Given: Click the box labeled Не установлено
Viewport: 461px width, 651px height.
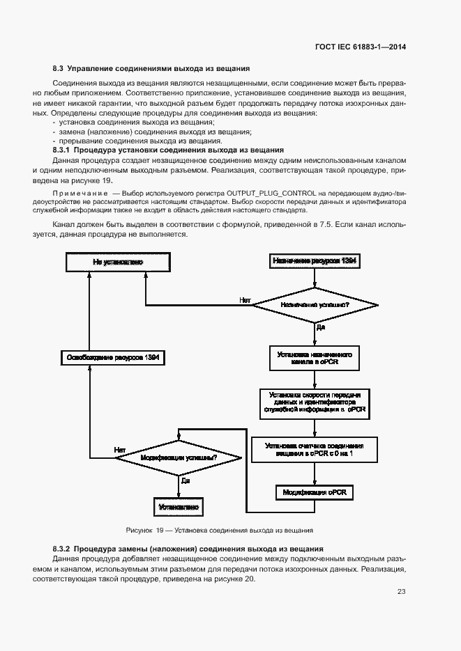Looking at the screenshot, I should pos(118,262).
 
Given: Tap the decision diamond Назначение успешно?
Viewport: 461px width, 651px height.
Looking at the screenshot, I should pos(315,305).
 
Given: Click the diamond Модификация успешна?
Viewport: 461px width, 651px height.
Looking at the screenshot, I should pos(179,458).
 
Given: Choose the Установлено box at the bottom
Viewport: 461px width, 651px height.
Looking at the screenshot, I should pos(179,507).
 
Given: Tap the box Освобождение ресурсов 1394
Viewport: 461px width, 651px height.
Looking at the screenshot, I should pos(112,358).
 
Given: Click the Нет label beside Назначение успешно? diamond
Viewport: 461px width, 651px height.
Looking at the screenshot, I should pos(245,301).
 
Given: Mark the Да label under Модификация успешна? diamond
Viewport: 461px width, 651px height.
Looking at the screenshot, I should pos(186,480).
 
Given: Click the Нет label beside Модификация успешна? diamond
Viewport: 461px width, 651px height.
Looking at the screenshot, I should pos(119,450).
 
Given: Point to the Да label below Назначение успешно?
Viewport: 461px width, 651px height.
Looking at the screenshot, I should pos(321,326).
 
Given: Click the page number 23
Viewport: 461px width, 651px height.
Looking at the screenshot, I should pos(401,592).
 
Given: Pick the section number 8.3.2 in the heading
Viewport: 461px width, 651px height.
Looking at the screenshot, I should pos(62,549).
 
